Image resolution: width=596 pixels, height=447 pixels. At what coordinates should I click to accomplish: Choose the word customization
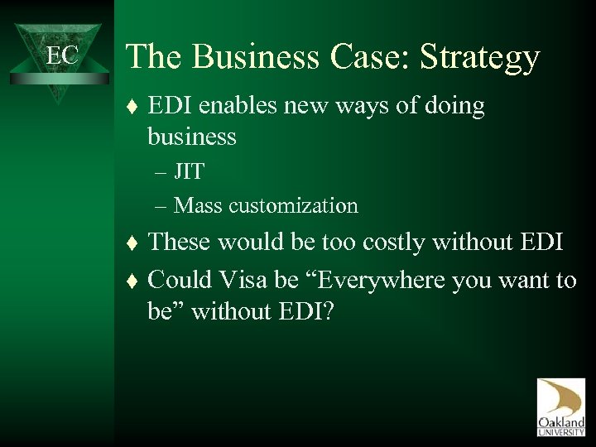tap(296, 204)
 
